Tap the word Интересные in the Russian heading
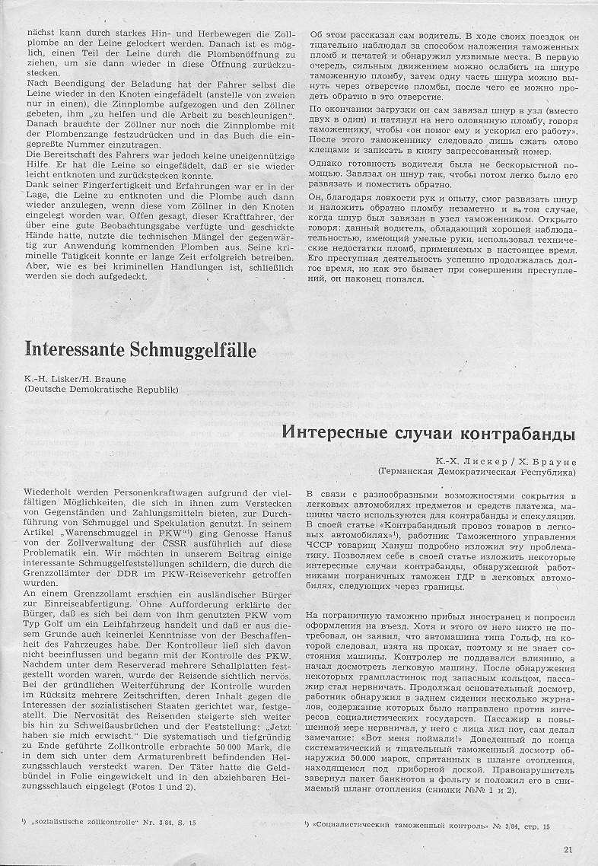[338, 435]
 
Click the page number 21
[569, 850]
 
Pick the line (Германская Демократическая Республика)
[477, 473]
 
